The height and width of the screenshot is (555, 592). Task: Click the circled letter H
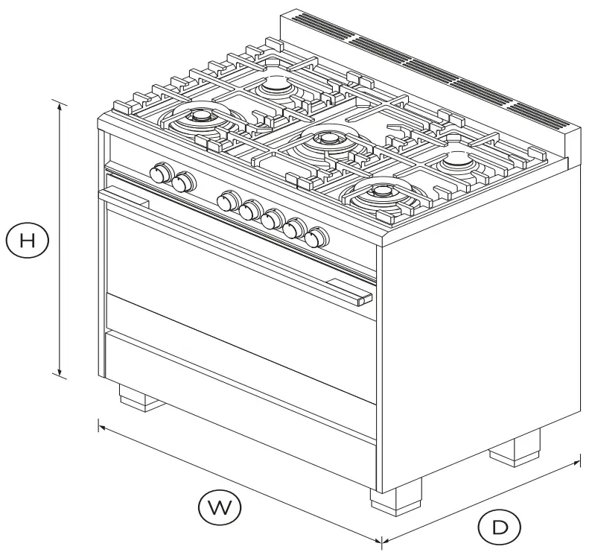(x=27, y=241)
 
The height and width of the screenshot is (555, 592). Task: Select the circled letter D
(x=500, y=527)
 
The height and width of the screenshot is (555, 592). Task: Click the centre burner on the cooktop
(x=325, y=139)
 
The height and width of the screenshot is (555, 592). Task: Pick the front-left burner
(x=200, y=116)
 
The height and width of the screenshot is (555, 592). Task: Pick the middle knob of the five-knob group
(x=273, y=218)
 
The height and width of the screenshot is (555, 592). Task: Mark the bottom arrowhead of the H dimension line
(x=59, y=375)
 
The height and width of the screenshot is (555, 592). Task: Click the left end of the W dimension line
(x=99, y=425)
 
